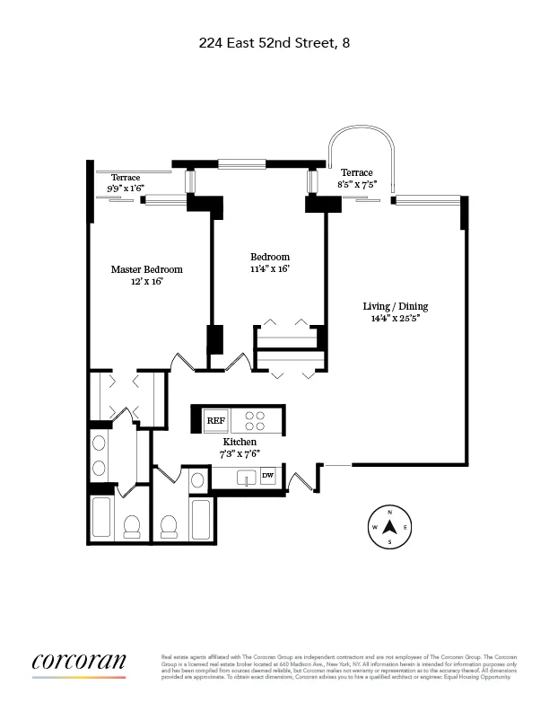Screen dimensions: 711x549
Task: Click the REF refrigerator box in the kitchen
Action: [x=216, y=419]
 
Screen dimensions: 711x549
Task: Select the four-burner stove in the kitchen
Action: [x=255, y=420]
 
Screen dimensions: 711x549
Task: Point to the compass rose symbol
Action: [x=390, y=527]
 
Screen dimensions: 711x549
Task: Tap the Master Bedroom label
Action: [x=146, y=269]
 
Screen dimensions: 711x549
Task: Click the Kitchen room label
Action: [x=240, y=443]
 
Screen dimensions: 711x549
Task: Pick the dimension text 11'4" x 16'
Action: [x=270, y=268]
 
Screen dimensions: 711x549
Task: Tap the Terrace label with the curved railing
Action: [x=356, y=172]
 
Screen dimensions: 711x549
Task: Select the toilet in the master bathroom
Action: [x=132, y=524]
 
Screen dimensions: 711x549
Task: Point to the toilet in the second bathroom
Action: [x=168, y=524]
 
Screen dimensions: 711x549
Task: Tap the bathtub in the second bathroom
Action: [x=200, y=519]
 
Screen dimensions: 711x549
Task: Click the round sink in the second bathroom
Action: [x=196, y=480]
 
